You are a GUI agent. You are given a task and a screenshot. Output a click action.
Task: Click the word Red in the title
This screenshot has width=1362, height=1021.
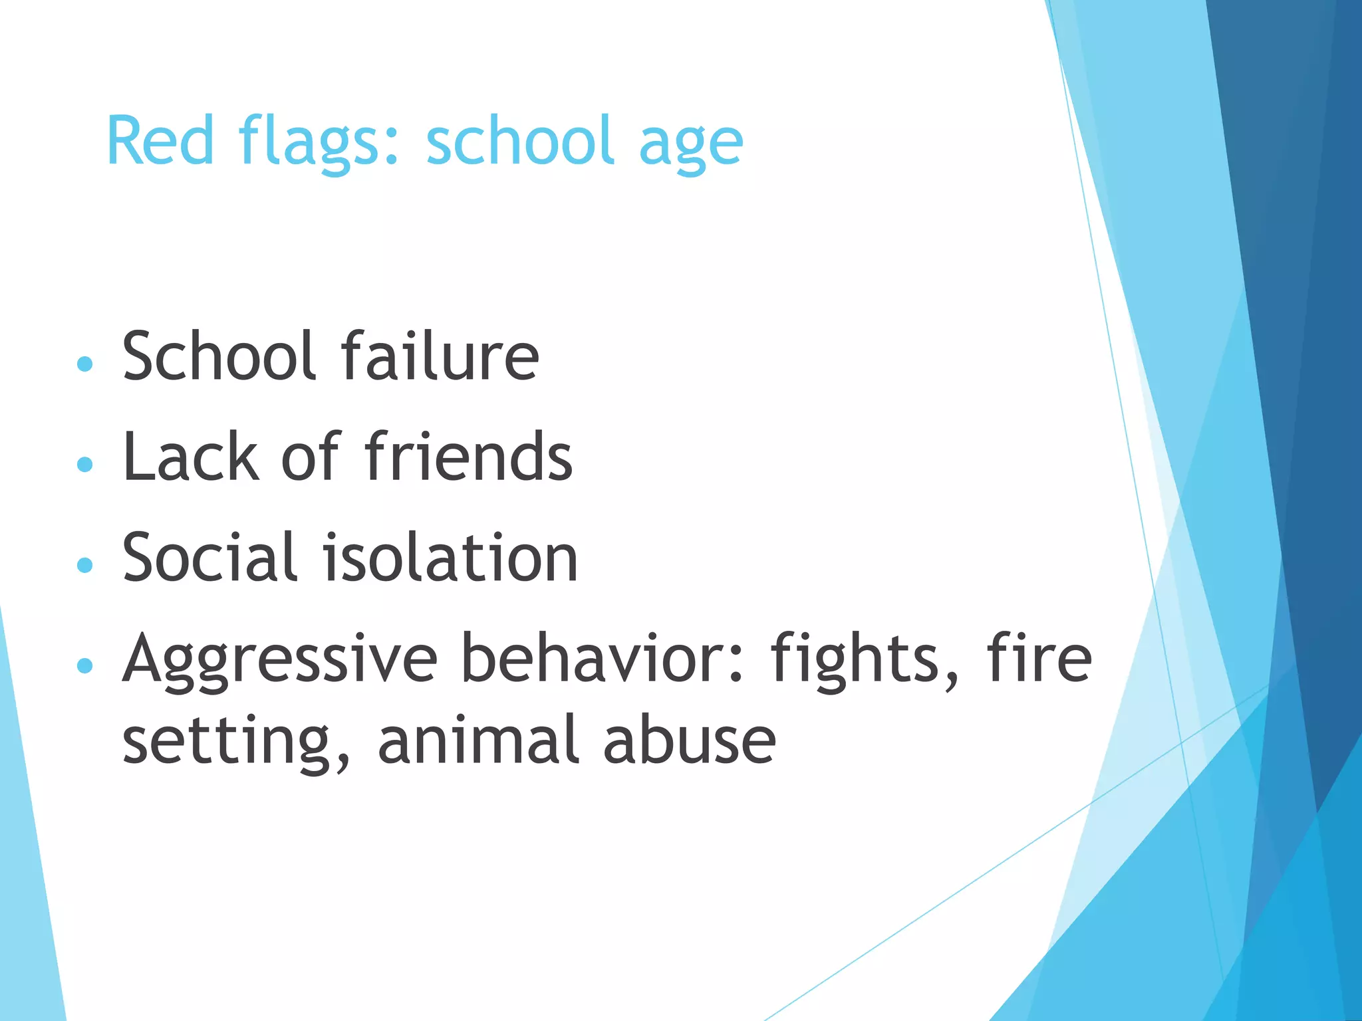coord(160,140)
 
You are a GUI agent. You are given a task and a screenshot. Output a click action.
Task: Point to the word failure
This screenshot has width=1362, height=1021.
coord(440,357)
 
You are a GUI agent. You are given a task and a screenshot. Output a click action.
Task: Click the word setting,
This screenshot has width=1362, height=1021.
coord(236,742)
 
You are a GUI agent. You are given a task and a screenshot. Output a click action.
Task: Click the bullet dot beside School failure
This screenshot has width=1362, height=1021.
coord(84,364)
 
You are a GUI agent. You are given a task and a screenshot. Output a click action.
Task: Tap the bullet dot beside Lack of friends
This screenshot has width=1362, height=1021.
coord(84,463)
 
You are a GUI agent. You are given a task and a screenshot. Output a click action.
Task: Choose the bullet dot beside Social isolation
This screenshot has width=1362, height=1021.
coord(84,564)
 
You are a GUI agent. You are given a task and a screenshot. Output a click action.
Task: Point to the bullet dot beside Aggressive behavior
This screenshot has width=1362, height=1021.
coord(84,665)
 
